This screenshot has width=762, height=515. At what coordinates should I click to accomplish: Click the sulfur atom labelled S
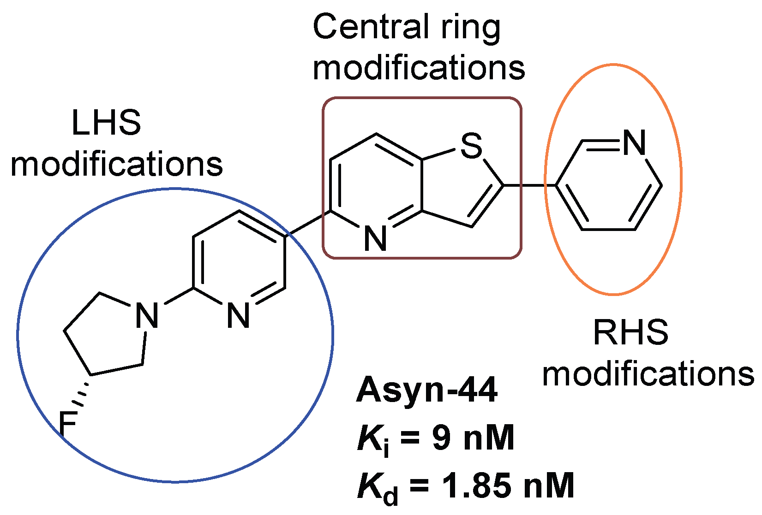tap(471, 146)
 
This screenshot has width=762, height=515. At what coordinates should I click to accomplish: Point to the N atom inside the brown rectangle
tap(375, 239)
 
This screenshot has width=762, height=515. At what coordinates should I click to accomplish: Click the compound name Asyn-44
tap(427, 390)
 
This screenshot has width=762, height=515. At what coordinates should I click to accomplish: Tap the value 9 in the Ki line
tap(441, 438)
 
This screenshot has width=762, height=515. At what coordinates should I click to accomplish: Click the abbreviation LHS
tap(106, 123)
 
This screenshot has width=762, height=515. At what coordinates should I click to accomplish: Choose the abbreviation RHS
tap(630, 332)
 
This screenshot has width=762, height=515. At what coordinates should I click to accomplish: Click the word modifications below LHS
tap(117, 165)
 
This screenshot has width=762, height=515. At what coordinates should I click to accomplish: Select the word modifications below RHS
tap(648, 374)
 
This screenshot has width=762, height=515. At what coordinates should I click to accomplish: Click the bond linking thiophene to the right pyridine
tap(529, 185)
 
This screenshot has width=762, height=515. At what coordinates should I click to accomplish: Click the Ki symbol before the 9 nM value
tap(373, 440)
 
